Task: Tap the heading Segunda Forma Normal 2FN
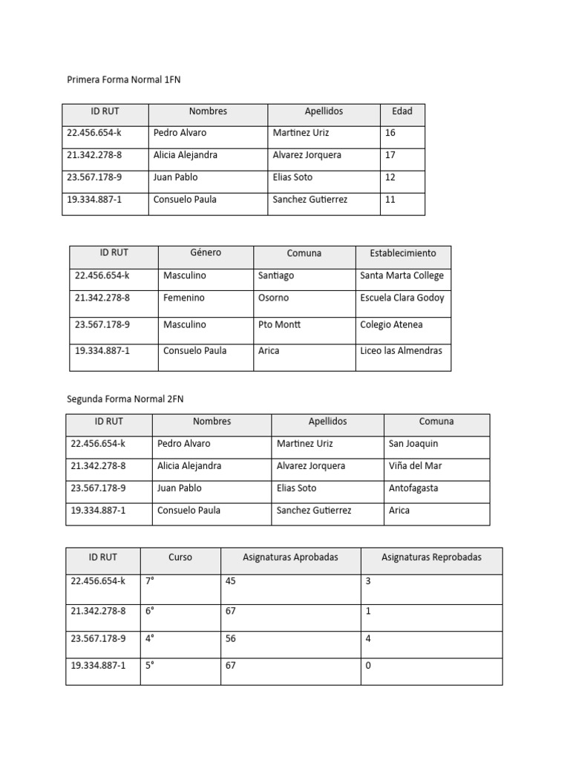(x=125, y=399)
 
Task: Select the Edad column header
(x=402, y=111)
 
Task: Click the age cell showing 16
(x=390, y=133)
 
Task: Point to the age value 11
(x=390, y=200)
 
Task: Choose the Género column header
(x=206, y=253)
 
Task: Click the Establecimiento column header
(x=403, y=253)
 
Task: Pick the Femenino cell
(x=184, y=298)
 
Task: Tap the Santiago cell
(x=276, y=275)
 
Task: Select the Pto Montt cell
(x=279, y=324)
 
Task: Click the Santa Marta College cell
(x=402, y=275)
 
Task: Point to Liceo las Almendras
(x=401, y=350)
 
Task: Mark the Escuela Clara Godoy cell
(x=402, y=298)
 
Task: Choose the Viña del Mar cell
(x=416, y=466)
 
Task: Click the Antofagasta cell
(x=413, y=488)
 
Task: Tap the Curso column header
(x=180, y=557)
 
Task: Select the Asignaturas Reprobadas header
(x=431, y=557)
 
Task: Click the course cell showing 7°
(x=150, y=581)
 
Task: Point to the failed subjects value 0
(x=368, y=665)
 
